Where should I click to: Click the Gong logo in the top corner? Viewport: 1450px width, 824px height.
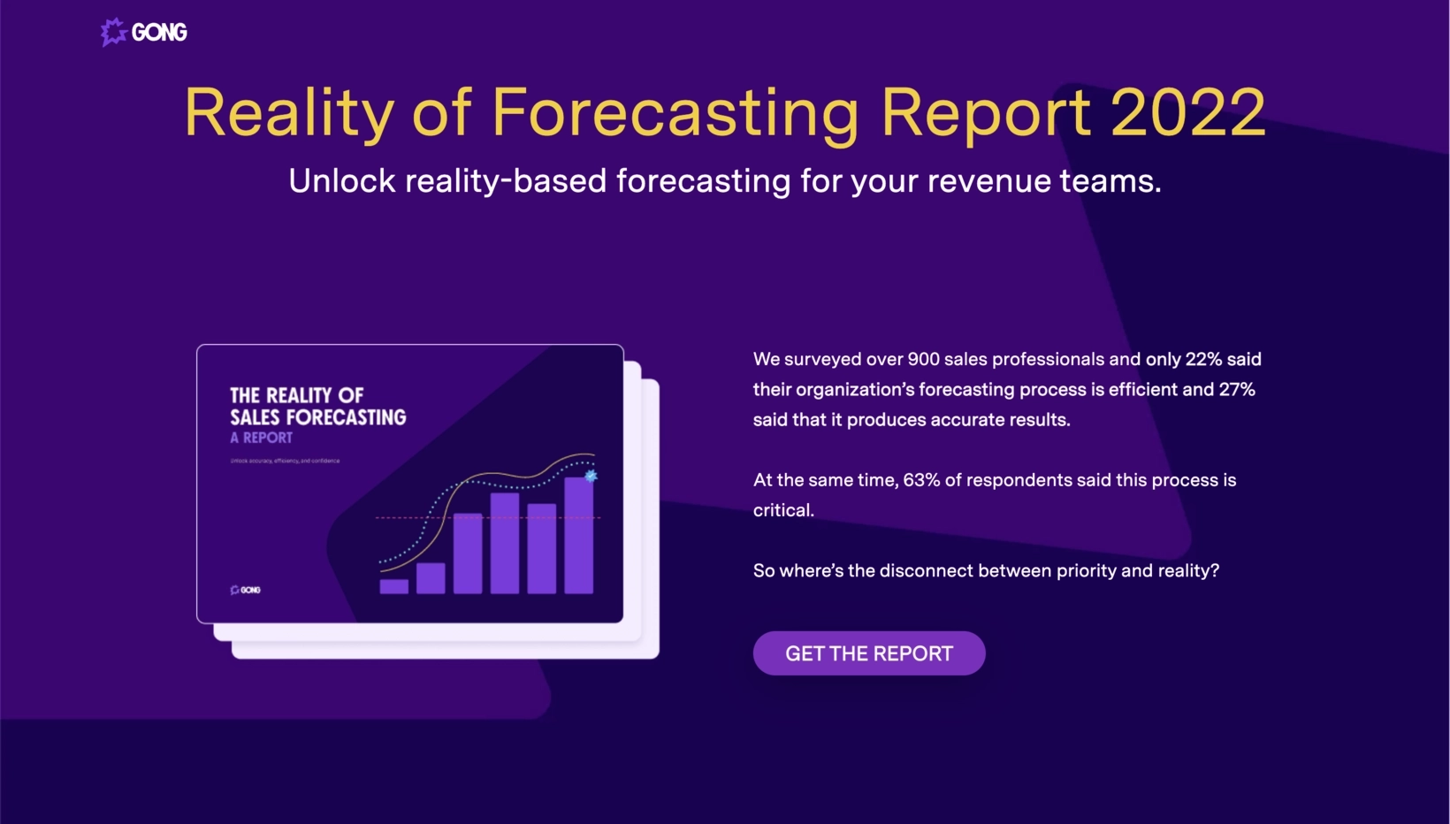144,33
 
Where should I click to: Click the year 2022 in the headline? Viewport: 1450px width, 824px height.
1187,113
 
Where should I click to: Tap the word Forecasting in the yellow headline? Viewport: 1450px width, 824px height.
675,113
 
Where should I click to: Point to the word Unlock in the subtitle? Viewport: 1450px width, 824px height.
342,181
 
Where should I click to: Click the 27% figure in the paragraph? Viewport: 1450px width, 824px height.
1237,390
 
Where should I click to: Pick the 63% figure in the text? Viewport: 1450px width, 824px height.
921,480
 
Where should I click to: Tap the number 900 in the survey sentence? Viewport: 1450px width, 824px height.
923,360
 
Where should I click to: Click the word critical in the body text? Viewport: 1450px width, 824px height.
782,510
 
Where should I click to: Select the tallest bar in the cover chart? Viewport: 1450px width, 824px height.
579,535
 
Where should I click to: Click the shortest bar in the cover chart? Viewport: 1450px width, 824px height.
394,586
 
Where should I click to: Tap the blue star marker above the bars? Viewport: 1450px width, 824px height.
591,477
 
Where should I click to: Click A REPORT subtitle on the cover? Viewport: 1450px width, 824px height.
261,438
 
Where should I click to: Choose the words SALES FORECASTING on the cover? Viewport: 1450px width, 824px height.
318,417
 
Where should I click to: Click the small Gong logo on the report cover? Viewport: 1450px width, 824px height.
246,590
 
